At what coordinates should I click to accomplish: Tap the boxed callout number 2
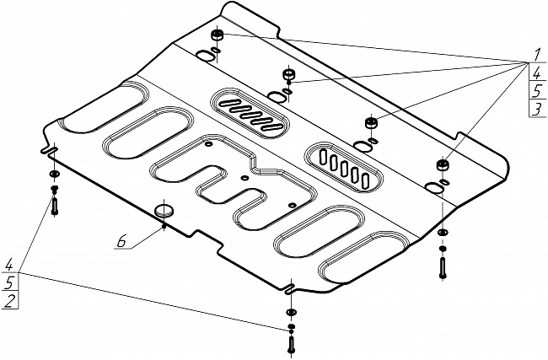pyautogui.click(x=8, y=301)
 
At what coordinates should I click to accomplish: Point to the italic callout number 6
pyautogui.click(x=121, y=243)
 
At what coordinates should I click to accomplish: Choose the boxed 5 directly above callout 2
pyautogui.click(x=8, y=282)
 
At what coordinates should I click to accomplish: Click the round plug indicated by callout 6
pyautogui.click(x=164, y=208)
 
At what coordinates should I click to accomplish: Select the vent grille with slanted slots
pyautogui.click(x=250, y=111)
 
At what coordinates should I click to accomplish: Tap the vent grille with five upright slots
pyautogui.click(x=347, y=165)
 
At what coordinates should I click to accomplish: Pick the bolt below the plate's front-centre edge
pyautogui.click(x=291, y=341)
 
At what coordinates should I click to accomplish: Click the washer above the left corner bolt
pyautogui.click(x=54, y=175)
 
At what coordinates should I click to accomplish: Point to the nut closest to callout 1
pyautogui.click(x=443, y=164)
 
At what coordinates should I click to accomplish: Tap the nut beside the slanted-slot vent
pyautogui.click(x=288, y=76)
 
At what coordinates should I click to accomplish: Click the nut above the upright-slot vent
pyautogui.click(x=368, y=124)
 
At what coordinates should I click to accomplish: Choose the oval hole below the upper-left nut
pyautogui.click(x=204, y=56)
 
